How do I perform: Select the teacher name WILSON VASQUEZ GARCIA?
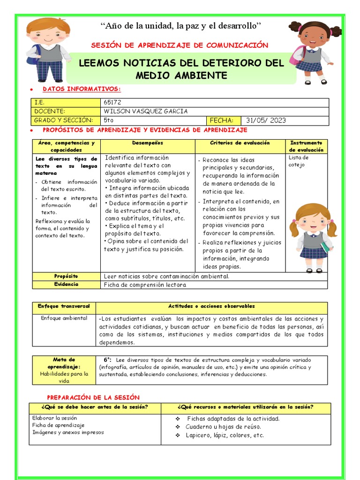145,111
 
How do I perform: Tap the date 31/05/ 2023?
265,120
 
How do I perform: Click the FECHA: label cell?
224,120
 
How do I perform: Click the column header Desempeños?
147,142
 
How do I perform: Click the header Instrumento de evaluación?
306,146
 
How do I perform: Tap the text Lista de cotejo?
299,161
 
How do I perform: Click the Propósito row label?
66,276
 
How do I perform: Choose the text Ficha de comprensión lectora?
145,285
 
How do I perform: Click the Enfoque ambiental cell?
64,318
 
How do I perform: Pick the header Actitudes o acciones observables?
211,306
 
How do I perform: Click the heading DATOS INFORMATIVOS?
82,89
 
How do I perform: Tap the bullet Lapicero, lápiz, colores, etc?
225,435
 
